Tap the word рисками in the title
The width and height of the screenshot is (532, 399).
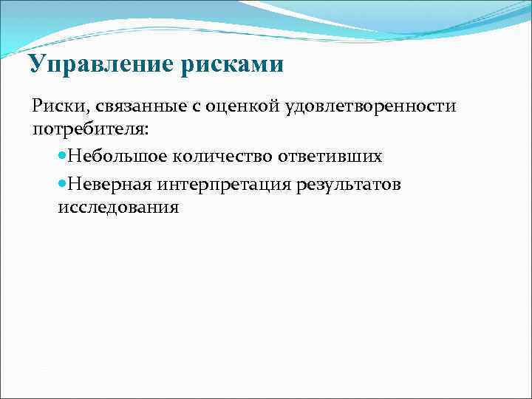[231, 64]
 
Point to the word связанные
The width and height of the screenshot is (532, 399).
[137, 106]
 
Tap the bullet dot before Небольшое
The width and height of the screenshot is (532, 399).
[62, 157]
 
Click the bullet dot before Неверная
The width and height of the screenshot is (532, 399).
[62, 184]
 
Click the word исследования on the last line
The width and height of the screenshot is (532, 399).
[118, 207]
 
